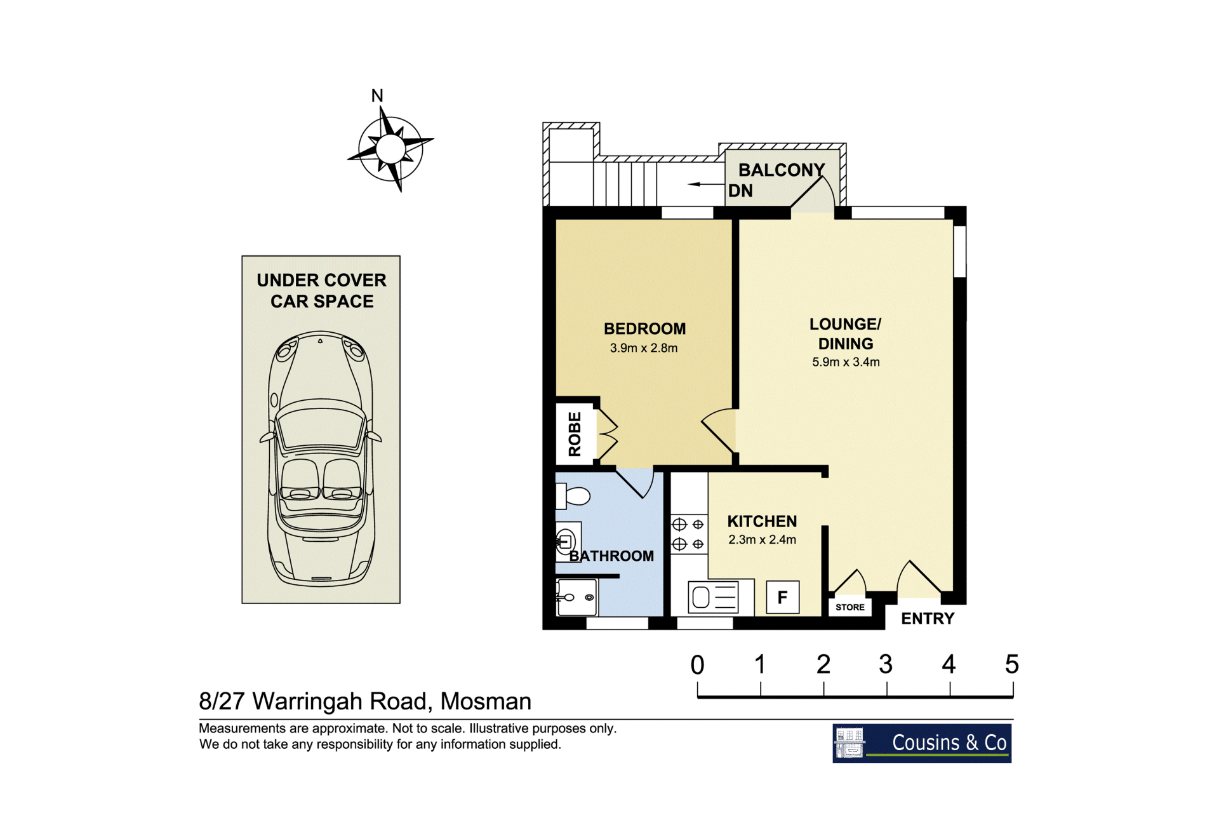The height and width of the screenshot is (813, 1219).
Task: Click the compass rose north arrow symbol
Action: tap(390, 149)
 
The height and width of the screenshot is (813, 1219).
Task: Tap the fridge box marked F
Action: tap(782, 596)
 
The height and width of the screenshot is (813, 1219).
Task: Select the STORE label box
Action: tap(850, 607)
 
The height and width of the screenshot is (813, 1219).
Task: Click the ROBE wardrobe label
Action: tap(575, 434)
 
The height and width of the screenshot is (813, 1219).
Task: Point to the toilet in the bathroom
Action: tap(573, 495)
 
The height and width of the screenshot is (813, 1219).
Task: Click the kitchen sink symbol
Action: tap(713, 597)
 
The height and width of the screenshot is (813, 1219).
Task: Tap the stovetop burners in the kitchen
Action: tap(689, 534)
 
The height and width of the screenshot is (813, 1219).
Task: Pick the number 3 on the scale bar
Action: tap(886, 664)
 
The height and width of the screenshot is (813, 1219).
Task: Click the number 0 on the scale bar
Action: tap(697, 665)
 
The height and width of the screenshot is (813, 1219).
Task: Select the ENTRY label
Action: tap(928, 619)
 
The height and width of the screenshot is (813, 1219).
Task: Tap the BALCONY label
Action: tap(782, 170)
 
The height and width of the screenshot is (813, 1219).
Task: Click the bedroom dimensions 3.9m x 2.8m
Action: tap(644, 348)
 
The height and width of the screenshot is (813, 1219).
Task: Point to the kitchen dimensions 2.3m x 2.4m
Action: tap(762, 540)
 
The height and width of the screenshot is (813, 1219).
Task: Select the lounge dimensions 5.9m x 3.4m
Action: tap(846, 362)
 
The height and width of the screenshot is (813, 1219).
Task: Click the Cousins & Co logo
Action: tap(922, 743)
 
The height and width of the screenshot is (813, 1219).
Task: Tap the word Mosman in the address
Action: tap(486, 701)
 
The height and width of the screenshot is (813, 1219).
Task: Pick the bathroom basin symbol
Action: tap(566, 541)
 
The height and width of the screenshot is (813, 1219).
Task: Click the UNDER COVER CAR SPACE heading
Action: tap(322, 290)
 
